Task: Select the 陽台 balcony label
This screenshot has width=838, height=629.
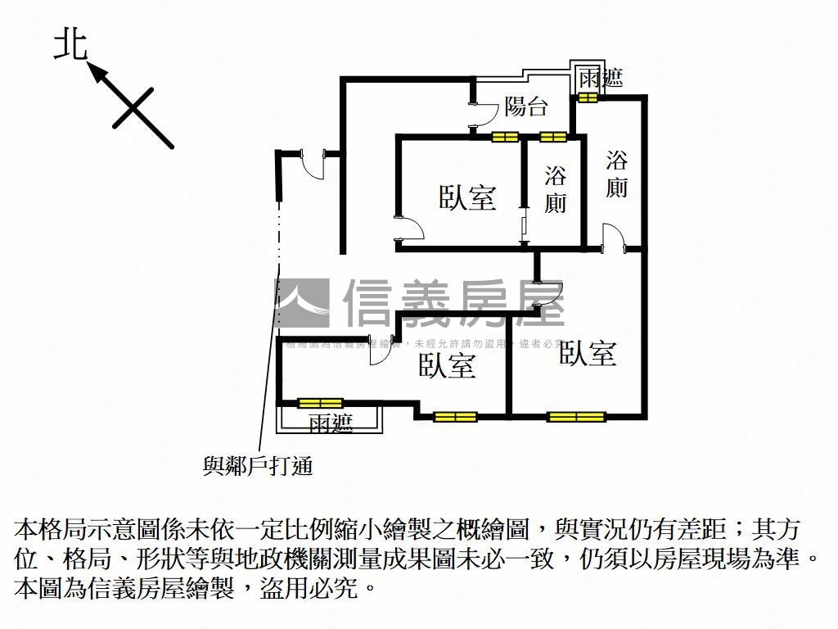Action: pos(525,106)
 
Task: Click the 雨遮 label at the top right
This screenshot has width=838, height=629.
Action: pos(601,79)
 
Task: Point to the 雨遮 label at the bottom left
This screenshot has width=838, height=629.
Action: pos(331,423)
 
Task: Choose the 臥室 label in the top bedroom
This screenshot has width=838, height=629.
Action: pos(467,197)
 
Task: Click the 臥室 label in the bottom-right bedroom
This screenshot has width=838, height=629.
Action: pos(588,353)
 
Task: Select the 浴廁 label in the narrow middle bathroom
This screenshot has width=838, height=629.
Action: pos(556,189)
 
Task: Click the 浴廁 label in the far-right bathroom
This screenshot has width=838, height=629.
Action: pos(617,174)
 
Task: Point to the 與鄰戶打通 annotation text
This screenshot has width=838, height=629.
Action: pos(258,466)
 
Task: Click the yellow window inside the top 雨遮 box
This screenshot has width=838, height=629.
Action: pos(588,98)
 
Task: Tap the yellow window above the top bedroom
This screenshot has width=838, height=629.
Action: pos(506,136)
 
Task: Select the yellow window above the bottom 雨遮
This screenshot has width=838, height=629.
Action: pos(319,403)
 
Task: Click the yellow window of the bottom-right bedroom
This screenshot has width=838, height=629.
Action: pos(576,416)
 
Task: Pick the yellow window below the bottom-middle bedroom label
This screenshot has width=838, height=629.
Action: pos(455,416)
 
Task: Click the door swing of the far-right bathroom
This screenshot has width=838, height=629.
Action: pos(612,237)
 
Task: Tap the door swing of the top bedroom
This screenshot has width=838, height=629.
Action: pos(409,229)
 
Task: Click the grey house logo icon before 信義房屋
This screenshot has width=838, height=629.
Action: pos(301,302)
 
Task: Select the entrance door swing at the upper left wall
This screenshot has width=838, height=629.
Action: pos(313,165)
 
